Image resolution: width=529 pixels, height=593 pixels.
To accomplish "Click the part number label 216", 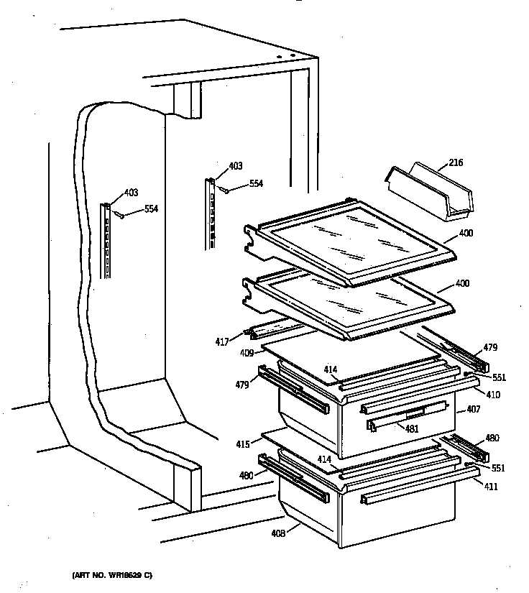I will pyautogui.click(x=456, y=162).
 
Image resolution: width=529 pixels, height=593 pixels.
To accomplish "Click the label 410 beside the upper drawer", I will pyautogui.click(x=493, y=395).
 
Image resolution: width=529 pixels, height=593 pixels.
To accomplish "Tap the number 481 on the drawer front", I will pyautogui.click(x=412, y=429).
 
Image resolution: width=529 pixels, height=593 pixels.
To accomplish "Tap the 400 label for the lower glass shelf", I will pyautogui.click(x=462, y=284).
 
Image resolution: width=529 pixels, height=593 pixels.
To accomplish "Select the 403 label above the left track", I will pyautogui.click(x=130, y=192).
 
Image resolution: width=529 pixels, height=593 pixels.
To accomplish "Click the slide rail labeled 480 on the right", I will pyautogui.click(x=466, y=448).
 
